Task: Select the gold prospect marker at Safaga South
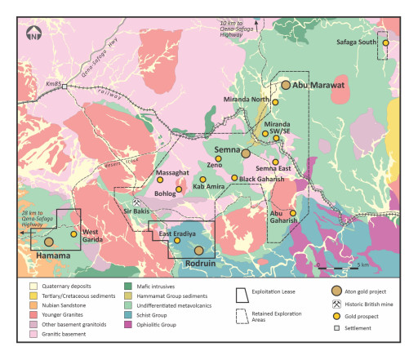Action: coord(385,42)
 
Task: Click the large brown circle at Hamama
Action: coord(49,242)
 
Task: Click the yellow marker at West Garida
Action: coord(73,234)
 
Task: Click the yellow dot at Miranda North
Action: coord(275,102)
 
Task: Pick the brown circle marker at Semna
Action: coord(245,153)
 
